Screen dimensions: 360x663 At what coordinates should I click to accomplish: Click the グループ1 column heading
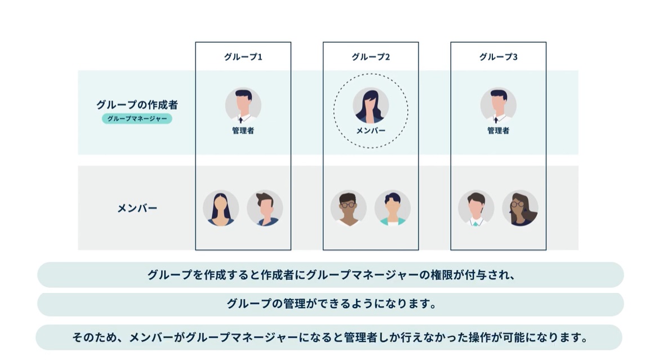243,57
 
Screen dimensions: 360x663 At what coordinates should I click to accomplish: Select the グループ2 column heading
371,57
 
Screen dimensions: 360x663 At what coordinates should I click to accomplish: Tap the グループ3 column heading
499,57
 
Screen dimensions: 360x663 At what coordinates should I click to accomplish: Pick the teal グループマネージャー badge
137,119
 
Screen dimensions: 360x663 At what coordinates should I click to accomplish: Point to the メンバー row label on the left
137,208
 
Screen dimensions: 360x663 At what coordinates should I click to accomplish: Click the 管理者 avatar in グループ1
243,105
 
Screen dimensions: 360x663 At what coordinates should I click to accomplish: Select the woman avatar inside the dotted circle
371,105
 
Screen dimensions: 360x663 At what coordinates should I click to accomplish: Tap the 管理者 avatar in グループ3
499,105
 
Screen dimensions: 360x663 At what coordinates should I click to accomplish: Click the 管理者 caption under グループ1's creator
243,131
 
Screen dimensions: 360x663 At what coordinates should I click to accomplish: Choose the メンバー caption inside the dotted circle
371,131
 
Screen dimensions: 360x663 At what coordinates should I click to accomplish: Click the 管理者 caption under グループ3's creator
499,131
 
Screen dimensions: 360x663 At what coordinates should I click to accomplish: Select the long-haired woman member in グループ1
221,208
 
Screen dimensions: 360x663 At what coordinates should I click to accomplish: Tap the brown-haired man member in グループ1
265,208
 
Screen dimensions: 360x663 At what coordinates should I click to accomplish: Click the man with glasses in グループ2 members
349,208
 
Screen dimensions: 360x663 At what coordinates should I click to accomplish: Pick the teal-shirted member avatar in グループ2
393,208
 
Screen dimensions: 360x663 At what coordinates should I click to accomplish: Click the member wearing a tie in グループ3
476,208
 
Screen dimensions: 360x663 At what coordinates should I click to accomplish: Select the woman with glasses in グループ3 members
520,208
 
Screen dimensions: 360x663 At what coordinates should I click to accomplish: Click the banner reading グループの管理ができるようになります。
331,304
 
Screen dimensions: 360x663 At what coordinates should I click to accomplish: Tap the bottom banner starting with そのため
331,337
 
